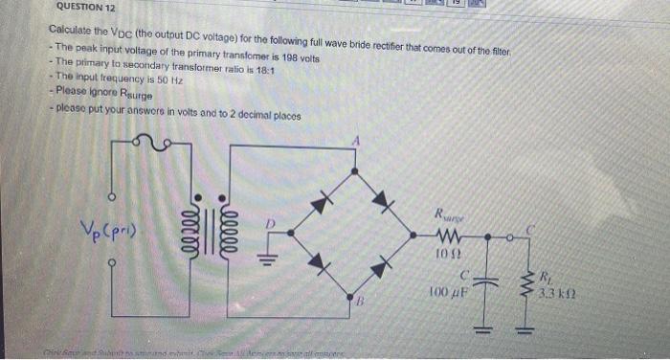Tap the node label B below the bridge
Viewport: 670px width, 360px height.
[x=362, y=304]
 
